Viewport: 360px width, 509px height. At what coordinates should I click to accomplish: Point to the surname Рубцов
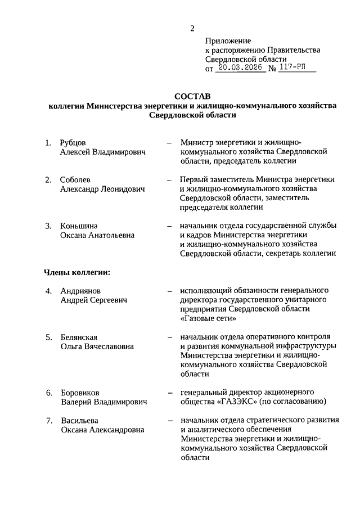74,142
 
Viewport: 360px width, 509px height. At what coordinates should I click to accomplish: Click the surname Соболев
75,179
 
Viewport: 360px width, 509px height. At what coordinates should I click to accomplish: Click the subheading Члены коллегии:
76,272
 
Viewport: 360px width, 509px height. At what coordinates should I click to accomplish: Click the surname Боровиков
81,392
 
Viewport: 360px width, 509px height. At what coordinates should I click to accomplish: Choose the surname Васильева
78,420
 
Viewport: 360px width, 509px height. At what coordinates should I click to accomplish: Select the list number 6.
49,392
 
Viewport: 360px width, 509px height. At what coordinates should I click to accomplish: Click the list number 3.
49,226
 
